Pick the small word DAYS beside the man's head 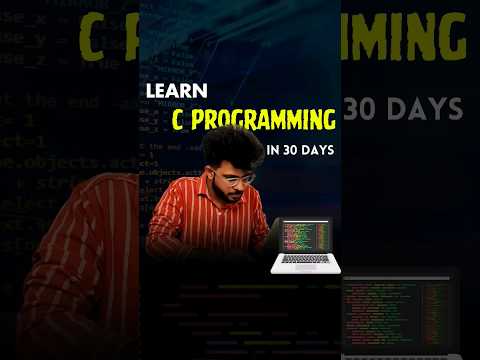point(319,151)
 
